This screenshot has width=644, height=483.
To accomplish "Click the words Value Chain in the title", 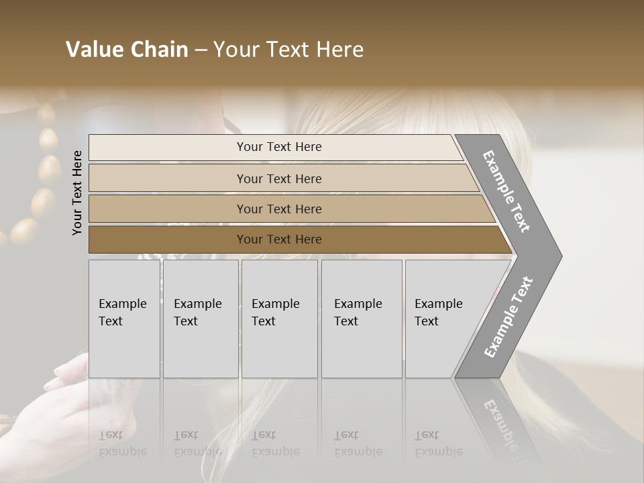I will (x=127, y=50).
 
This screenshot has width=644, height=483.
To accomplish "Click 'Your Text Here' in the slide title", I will (x=288, y=50).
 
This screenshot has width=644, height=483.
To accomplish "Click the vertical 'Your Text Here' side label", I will (x=77, y=193).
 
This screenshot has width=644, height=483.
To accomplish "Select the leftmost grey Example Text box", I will (x=124, y=319).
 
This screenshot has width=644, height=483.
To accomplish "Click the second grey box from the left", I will (x=200, y=319).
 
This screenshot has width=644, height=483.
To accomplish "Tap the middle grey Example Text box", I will (x=279, y=319).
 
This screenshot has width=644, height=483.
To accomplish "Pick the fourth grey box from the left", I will (x=362, y=319).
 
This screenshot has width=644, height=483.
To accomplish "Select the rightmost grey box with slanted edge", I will (x=443, y=319).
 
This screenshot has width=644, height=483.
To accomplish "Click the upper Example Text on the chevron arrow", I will (x=506, y=191).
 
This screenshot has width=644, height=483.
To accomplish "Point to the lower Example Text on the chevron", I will (x=508, y=317).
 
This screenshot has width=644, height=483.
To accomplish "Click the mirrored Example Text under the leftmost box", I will (x=123, y=443).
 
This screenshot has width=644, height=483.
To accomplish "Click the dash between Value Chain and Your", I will (x=200, y=50).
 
